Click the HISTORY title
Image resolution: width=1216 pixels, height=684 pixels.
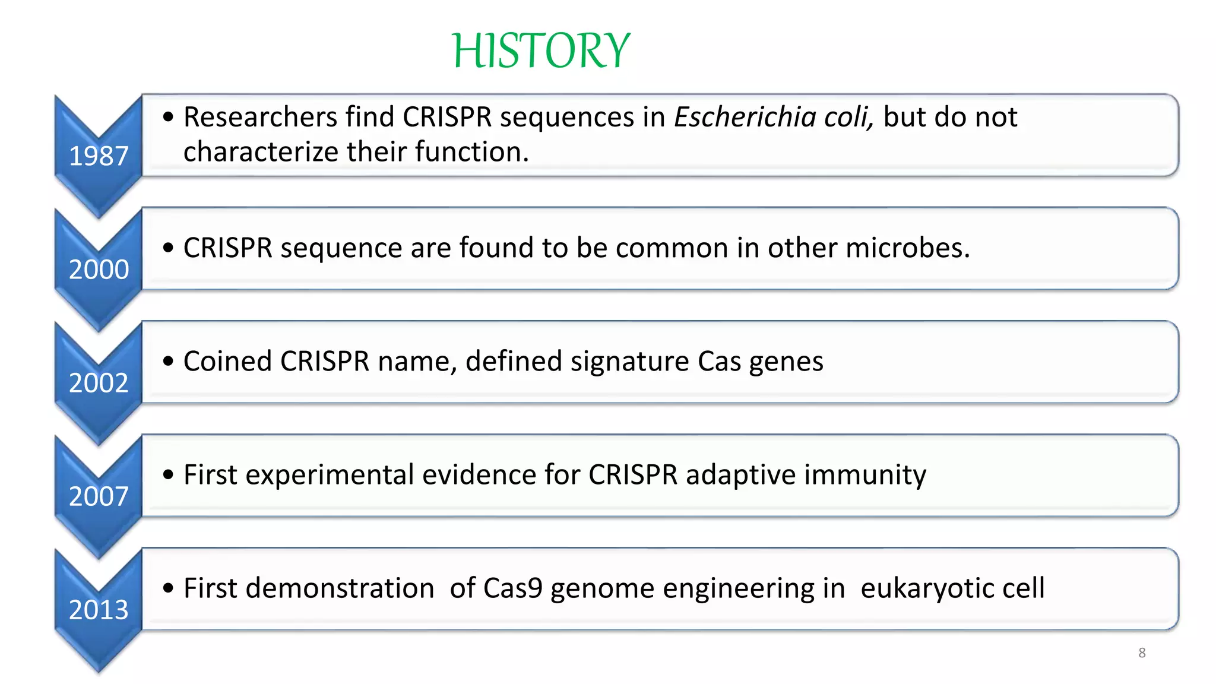pos(540,51)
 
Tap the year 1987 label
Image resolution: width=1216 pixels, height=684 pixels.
pos(99,156)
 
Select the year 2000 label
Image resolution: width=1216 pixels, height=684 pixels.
pos(99,270)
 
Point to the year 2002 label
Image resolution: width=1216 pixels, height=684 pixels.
pos(99,383)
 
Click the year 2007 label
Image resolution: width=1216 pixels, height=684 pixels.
pos(99,496)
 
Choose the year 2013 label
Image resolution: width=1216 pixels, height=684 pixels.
pos(99,610)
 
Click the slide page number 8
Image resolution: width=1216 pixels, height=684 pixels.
pos(1142,653)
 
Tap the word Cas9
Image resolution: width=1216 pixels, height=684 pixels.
pos(513,588)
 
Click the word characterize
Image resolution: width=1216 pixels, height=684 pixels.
pos(261,152)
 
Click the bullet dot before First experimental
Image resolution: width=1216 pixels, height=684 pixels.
pos(169,475)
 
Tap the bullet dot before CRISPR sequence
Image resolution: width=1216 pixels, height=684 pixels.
pos(169,248)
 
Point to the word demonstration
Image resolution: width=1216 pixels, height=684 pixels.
pos(340,588)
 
